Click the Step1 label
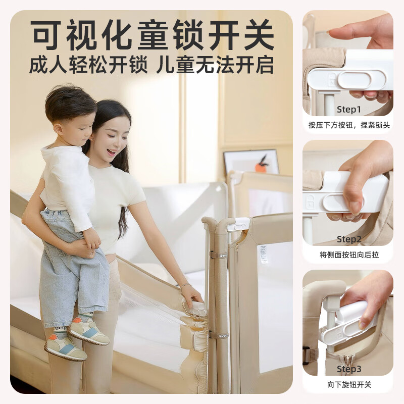pos(349,109)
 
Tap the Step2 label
pos(349,239)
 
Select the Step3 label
pos(349,369)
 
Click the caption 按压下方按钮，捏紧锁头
pos(349,125)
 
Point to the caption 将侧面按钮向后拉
pos(349,255)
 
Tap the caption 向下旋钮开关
pos(349,385)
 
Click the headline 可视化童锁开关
pos(151,35)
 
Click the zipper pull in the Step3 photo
pos(347,361)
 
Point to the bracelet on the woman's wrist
pos(185,286)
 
